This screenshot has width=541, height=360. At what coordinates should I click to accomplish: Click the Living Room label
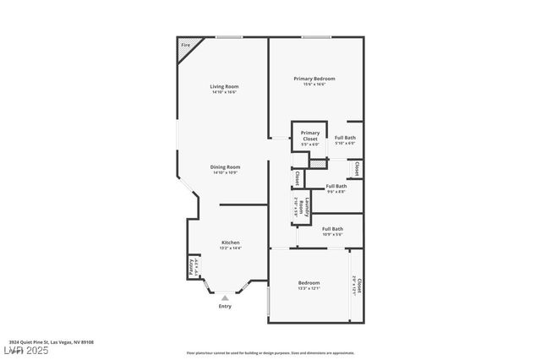point(224,86)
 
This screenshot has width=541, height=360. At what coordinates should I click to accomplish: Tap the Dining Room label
point(225,166)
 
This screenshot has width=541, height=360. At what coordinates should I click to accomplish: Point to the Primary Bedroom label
point(309,79)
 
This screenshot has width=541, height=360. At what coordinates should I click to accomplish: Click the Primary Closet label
point(310,135)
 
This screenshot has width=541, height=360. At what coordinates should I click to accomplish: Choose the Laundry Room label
point(296,207)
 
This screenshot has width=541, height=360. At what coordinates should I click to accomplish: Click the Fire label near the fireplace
point(185,45)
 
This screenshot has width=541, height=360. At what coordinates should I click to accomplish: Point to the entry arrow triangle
point(225,297)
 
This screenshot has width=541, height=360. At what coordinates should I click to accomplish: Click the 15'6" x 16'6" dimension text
point(309,84)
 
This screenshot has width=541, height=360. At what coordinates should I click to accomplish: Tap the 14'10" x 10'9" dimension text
point(225,172)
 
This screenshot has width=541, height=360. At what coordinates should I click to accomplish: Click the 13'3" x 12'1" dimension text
point(309,288)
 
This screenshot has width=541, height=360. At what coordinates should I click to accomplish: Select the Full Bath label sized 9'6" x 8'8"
point(336,186)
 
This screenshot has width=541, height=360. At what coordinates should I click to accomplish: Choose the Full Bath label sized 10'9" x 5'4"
point(332,229)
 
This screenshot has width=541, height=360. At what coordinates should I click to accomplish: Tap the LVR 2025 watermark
point(26,350)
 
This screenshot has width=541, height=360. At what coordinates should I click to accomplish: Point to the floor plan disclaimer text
point(270,352)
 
